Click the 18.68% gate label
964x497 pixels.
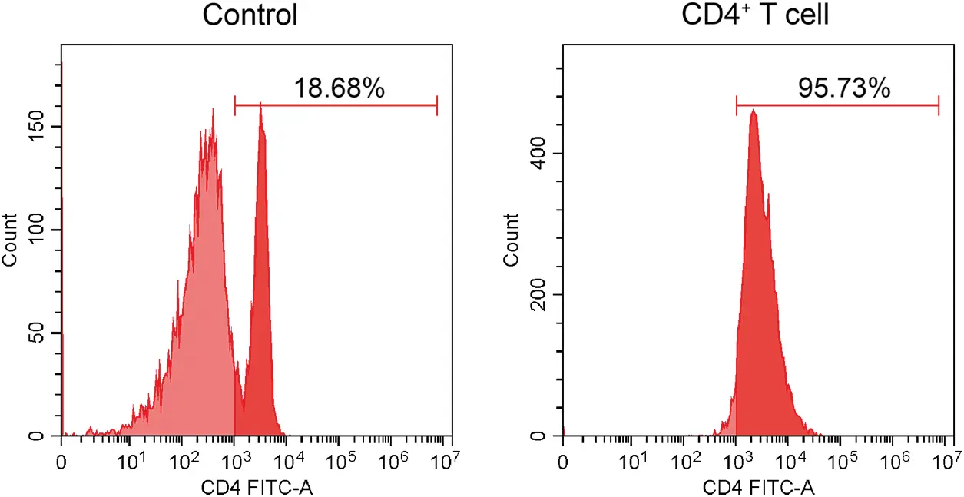(x=339, y=89)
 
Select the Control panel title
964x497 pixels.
(x=250, y=15)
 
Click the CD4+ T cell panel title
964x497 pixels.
(x=756, y=15)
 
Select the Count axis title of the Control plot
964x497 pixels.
(x=10, y=239)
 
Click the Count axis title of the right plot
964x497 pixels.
(x=512, y=239)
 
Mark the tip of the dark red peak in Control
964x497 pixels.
(x=261, y=104)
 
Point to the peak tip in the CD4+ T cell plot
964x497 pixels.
(x=754, y=111)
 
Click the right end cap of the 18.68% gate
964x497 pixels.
(x=437, y=105)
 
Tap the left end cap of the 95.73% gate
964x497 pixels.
(x=737, y=105)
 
